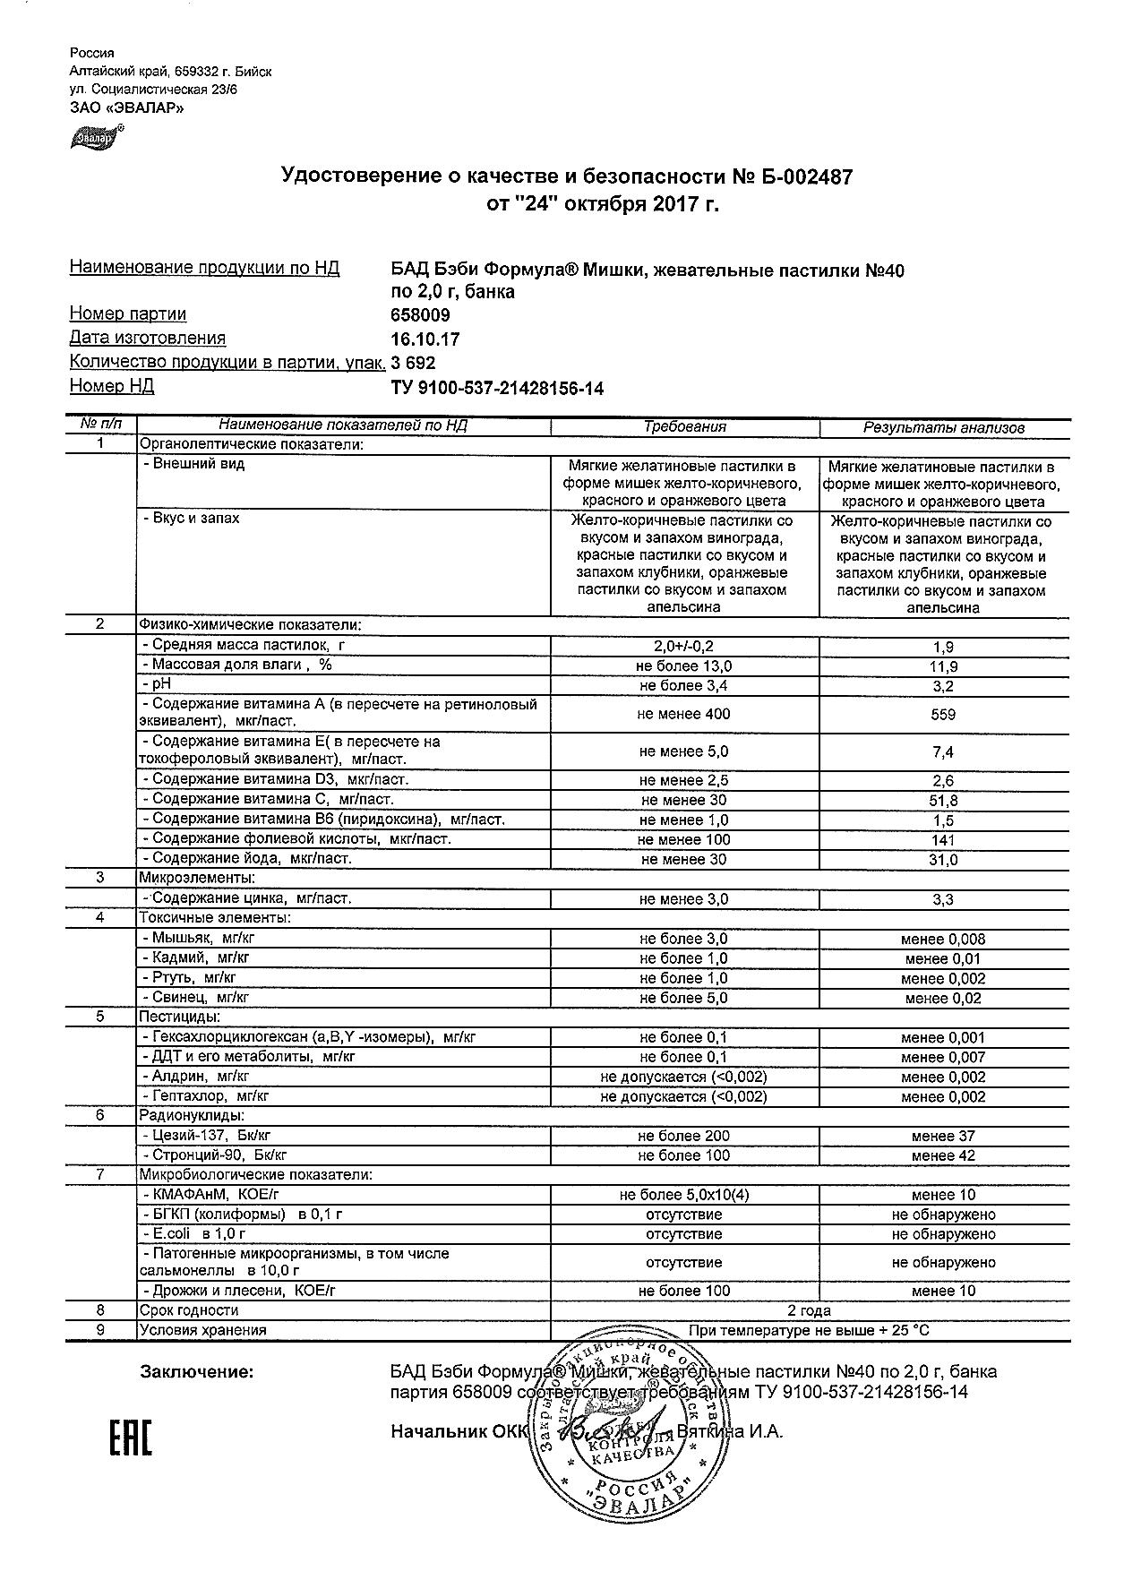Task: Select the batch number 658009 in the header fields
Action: pyautogui.click(x=421, y=315)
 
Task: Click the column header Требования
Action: pyautogui.click(x=685, y=427)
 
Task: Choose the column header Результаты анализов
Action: pyautogui.click(x=943, y=427)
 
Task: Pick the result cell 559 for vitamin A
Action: pyautogui.click(x=943, y=715)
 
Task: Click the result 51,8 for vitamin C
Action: pyautogui.click(x=943, y=800)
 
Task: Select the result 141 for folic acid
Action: pyautogui.click(x=943, y=840)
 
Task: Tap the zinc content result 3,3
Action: pyautogui.click(x=943, y=899)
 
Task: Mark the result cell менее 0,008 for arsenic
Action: pyautogui.click(x=943, y=939)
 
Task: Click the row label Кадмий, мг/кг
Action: pyautogui.click(x=194, y=957)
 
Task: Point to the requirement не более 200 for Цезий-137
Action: pyautogui.click(x=684, y=1136)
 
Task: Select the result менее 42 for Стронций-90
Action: pyautogui.click(x=943, y=1155)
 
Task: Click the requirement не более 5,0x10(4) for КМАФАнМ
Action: pyautogui.click(x=684, y=1195)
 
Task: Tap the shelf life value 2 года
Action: pyautogui.click(x=809, y=1310)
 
